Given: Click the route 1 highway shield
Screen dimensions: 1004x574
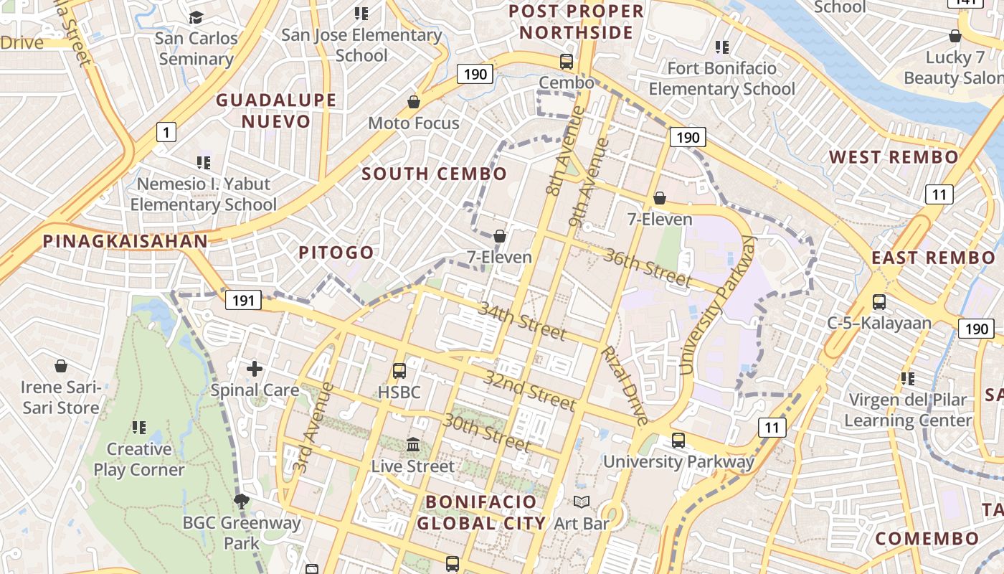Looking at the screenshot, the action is pos(166,132).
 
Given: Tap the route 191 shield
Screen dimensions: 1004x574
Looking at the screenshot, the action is pos(243,300).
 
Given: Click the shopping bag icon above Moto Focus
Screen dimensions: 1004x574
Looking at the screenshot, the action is pos(414,102).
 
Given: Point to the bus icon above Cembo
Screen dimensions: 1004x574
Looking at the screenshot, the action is pos(567,62).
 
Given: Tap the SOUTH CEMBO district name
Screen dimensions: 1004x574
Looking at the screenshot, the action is pos(434,174).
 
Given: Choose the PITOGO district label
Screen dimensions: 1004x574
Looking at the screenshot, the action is pos(336,252).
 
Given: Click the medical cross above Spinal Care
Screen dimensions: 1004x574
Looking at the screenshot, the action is pos(255,370).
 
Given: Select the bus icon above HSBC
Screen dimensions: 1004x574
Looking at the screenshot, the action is pos(399,371).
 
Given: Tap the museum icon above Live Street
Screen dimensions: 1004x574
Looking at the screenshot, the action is pos(413,445).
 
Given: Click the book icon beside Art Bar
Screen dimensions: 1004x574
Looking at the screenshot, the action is pos(582,502).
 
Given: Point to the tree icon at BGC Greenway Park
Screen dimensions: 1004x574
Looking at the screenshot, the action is pos(242,501).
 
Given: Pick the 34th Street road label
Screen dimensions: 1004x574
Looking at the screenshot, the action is pos(522,321).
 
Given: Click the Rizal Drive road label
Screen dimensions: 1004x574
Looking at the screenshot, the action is pos(624,385).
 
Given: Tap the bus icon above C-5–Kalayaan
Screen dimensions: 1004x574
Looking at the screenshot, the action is pos(879,302).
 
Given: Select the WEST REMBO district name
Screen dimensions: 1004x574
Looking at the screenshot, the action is pos(893,157).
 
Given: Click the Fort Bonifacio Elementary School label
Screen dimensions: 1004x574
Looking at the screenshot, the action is pos(721,79).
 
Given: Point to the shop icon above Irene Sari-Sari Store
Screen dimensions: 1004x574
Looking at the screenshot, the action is pos(61,367).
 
